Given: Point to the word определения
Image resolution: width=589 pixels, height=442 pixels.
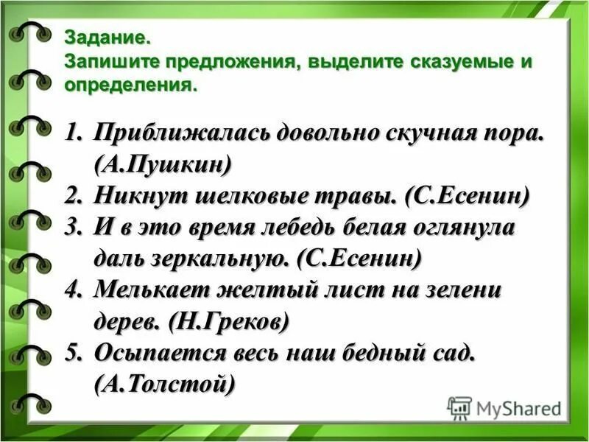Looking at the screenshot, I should click(x=131, y=85).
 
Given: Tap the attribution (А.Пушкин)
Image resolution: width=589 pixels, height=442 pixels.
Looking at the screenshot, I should click(x=163, y=164).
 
